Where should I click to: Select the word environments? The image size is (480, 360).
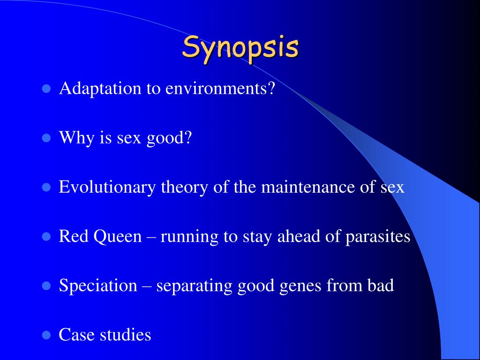click(220, 88)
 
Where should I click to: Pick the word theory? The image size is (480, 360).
click(185, 187)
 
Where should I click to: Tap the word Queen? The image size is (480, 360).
click(118, 237)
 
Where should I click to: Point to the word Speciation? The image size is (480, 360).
click(98, 285)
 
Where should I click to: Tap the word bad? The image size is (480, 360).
click(381, 285)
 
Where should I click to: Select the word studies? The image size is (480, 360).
click(126, 335)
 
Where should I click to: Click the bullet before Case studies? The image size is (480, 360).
click(46, 335)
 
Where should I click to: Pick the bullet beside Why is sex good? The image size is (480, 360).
click(46, 138)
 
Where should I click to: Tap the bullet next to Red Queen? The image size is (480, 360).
click(46, 237)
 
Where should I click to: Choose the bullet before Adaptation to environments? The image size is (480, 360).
click(46, 89)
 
